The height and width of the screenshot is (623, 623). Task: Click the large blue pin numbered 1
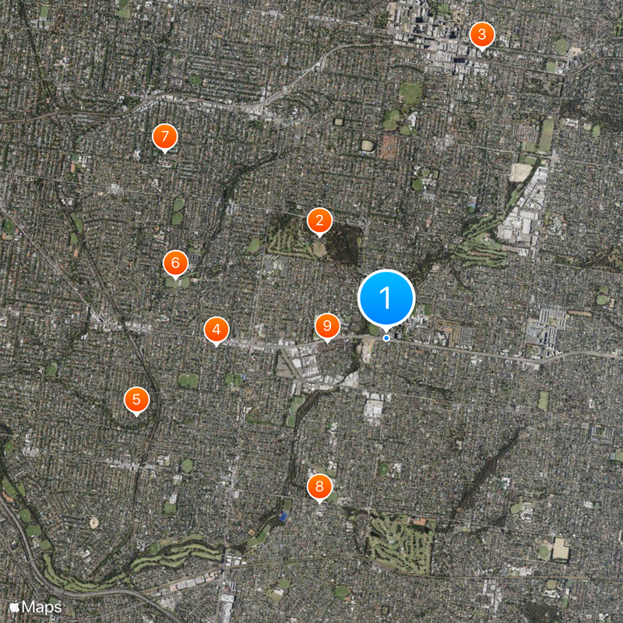click(x=385, y=297)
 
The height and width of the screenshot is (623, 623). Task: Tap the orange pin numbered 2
click(x=319, y=220)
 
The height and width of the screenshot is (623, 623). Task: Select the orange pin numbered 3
click(x=481, y=34)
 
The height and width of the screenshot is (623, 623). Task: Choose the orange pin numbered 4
click(x=216, y=329)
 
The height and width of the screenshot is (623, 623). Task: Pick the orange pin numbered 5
click(x=136, y=400)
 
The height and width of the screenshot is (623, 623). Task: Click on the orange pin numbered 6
click(x=175, y=262)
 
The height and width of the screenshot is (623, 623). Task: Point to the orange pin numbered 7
click(x=164, y=136)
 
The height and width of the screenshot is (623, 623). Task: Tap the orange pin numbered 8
click(x=319, y=487)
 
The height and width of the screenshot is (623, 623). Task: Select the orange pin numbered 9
click(x=327, y=326)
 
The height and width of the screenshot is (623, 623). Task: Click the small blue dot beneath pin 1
click(x=386, y=338)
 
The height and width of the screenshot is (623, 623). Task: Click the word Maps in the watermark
click(x=42, y=605)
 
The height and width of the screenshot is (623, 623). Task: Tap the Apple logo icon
click(x=14, y=604)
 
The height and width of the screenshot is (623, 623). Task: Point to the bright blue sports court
click(x=283, y=516)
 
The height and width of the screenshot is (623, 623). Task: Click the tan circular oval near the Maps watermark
click(x=94, y=523)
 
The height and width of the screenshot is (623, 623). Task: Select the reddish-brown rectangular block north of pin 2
click(x=389, y=146)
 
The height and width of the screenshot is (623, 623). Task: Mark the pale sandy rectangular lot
click(x=519, y=171)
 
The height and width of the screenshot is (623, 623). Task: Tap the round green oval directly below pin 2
click(x=319, y=249)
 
